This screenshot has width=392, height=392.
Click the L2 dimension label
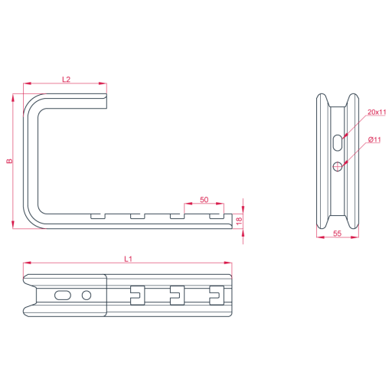66,80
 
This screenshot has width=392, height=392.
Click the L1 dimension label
128,259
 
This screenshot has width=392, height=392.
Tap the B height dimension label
9,161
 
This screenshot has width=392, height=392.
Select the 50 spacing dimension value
204,200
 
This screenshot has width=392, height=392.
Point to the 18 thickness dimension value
239,221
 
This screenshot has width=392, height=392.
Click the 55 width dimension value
337,234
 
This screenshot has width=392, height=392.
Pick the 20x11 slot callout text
377,112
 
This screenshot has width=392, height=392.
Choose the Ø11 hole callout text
374,139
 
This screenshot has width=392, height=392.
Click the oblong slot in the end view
338,142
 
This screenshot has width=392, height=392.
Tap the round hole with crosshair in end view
338,167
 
